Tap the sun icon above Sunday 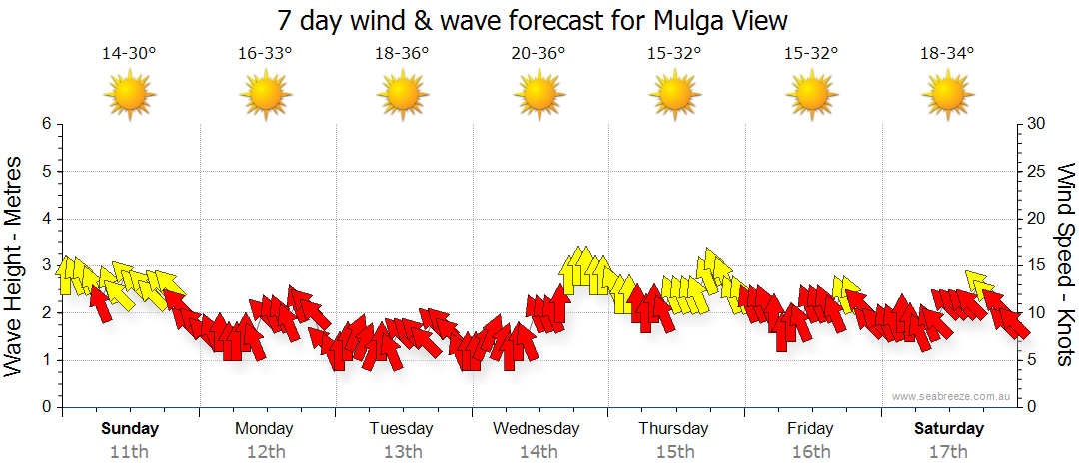coord(129,96)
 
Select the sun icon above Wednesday coord(539,96)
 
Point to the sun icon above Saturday coord(947,96)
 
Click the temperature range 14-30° coord(129,54)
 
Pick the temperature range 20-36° coord(539,54)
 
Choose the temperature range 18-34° coord(947,54)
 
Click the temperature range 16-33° coord(265,54)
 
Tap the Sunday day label coord(130,429)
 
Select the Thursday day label coord(674,429)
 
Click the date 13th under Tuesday coord(402,452)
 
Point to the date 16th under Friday coord(810,452)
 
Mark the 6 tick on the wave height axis coord(45,124)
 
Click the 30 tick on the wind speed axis coord(1036,124)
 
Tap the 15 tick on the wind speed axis coord(1036,265)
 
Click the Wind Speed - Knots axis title coord(1064,265)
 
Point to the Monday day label coord(265,429)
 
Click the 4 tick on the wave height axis coord(45,219)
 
